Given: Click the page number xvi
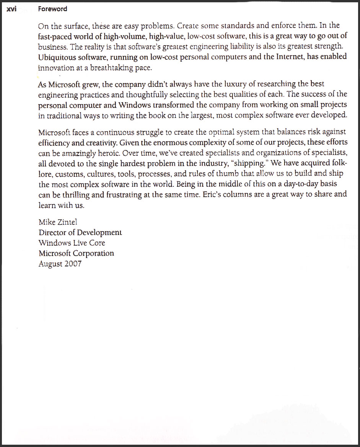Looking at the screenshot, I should [11, 9].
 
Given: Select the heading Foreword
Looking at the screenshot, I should [52, 9].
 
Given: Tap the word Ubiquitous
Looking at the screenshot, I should [57, 57].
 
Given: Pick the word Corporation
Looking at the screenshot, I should [93, 253].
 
